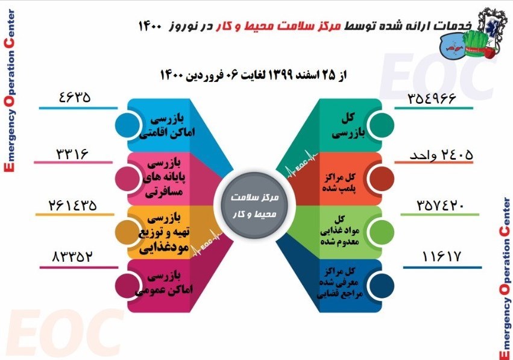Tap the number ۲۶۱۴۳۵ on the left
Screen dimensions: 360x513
tap(74, 205)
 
